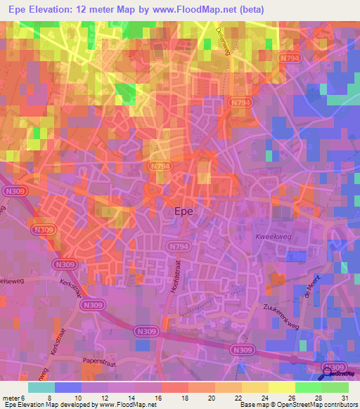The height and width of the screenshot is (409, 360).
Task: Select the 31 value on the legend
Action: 342,397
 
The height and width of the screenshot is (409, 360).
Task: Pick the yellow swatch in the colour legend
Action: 282,387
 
